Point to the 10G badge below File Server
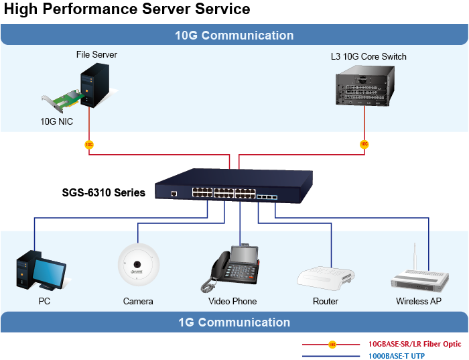pos(89,144)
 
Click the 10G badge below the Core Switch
pos(364,144)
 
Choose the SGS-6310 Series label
pos(103,192)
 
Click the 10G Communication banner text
pos(234,36)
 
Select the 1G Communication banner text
pos(234,322)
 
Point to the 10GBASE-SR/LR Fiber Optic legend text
pos(415,344)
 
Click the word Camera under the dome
pos(138,302)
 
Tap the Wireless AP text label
pos(418,302)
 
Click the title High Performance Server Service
pos(127,9)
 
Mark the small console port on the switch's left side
pos(174,193)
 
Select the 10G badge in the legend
pos(332,345)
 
